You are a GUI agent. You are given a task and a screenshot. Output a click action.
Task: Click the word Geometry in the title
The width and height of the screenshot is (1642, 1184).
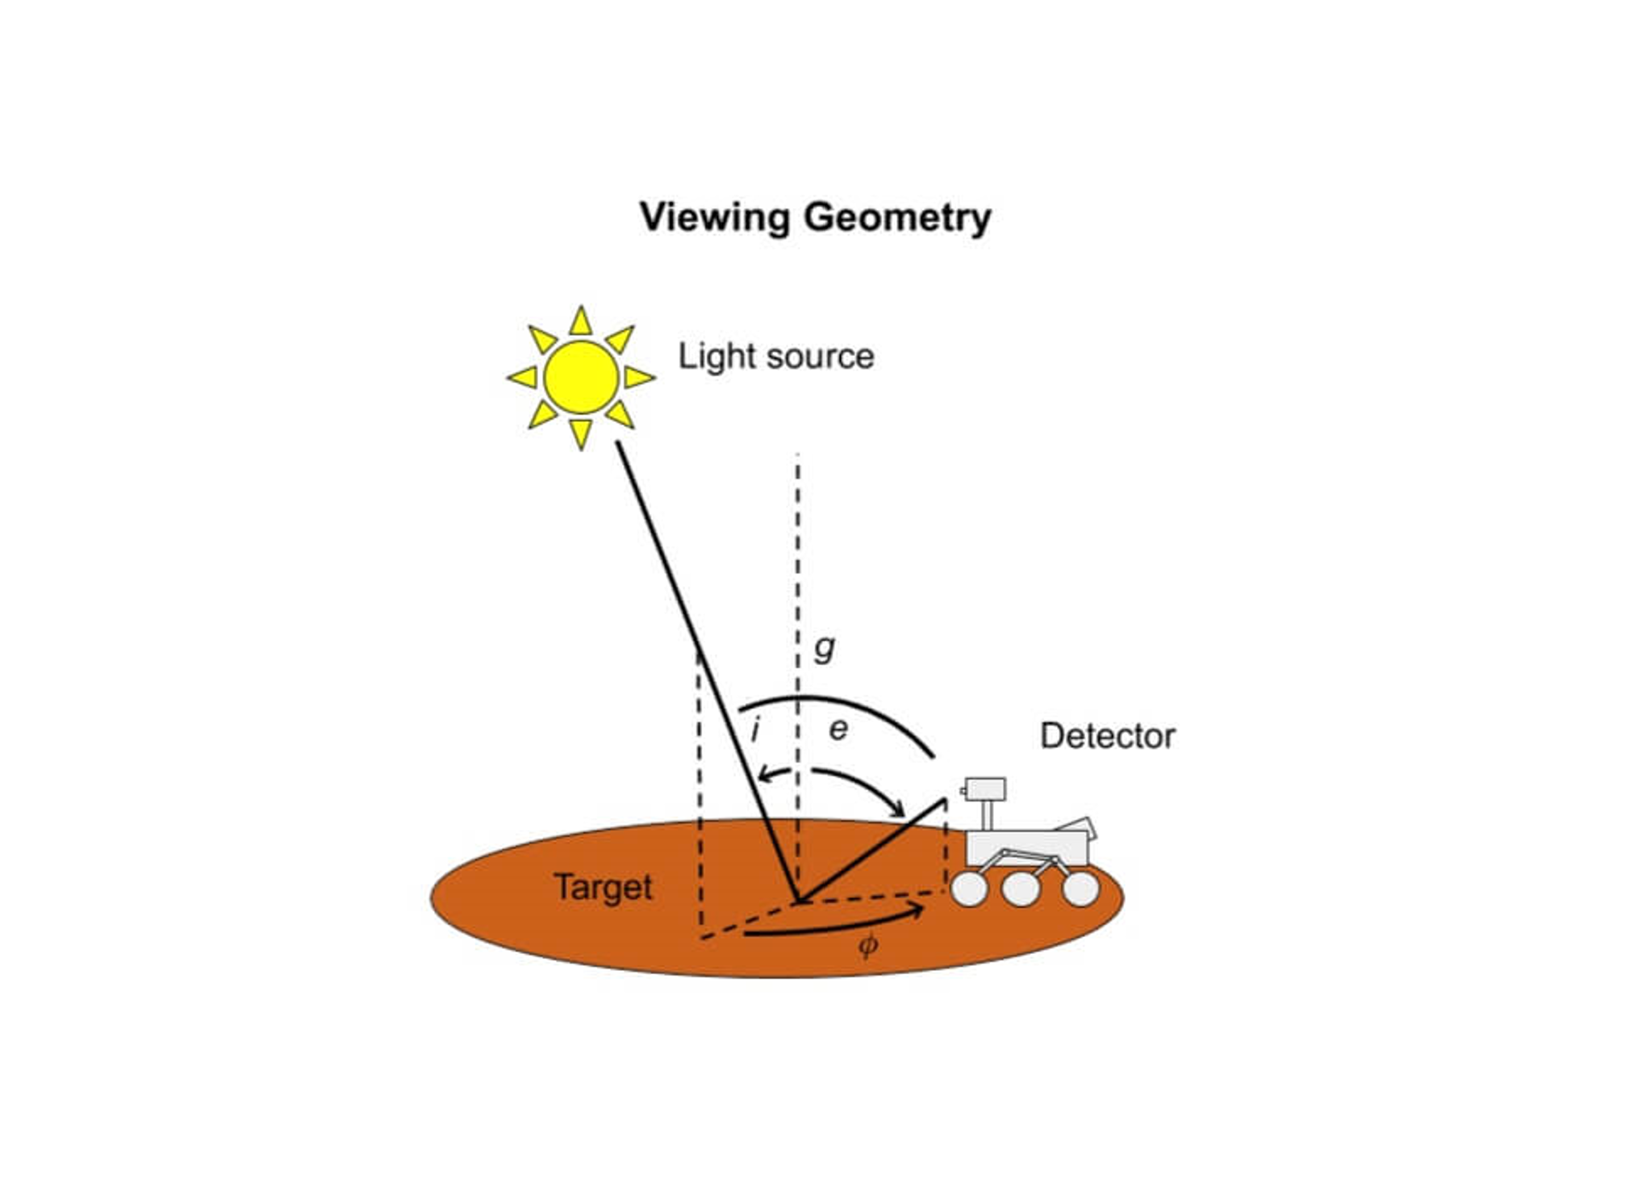(897, 218)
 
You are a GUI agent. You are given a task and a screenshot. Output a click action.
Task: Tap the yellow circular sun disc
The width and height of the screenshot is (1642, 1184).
(581, 377)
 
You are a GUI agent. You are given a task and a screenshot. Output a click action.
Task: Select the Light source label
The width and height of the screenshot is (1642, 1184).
(775, 357)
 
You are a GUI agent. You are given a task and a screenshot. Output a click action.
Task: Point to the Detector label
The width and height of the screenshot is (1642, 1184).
(1107, 736)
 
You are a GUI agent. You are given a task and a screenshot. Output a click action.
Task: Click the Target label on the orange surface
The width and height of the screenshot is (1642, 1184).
(603, 887)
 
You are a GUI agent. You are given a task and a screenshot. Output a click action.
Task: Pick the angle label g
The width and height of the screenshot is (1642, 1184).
(824, 647)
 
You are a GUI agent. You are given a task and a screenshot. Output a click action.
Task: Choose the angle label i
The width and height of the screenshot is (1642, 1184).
(755, 730)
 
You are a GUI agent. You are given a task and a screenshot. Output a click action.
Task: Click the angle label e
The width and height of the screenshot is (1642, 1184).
(839, 730)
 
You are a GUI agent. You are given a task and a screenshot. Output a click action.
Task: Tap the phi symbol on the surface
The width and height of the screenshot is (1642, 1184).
(868, 944)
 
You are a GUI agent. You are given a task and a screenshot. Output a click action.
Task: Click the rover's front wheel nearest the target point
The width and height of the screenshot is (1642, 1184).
(969, 889)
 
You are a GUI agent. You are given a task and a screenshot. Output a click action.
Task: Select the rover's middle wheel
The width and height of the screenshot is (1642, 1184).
(1021, 889)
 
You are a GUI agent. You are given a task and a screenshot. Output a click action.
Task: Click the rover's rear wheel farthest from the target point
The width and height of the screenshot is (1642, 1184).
(1080, 889)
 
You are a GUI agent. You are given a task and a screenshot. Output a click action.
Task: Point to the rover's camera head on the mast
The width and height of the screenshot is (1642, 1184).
(985, 789)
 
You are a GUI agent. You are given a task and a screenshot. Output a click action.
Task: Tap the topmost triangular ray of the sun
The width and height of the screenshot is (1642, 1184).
(581, 323)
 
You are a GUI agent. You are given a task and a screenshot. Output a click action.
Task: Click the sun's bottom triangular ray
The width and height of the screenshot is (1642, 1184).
(581, 433)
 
